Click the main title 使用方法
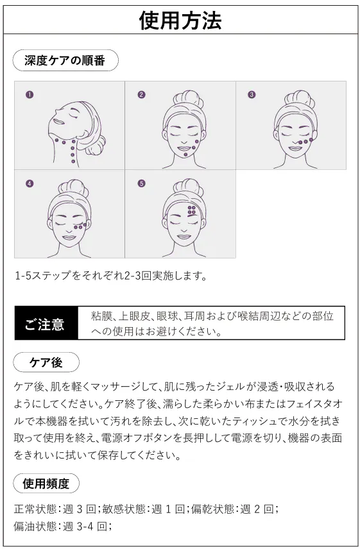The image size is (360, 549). coord(180,21)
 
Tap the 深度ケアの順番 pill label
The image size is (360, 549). coord(65,60)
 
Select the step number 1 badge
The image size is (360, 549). coord(30,94)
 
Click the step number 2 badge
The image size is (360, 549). coord(141,94)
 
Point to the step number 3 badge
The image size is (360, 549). coord(252,94)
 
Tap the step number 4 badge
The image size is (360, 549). coord(30,183)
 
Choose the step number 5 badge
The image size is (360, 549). coord(141,183)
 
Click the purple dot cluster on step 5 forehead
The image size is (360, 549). coord(192,210)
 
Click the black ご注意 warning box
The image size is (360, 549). coord(46,323)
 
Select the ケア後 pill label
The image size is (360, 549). coord(46,362)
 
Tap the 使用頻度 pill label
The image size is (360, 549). coord(46,484)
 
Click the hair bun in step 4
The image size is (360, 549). coord(73,188)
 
